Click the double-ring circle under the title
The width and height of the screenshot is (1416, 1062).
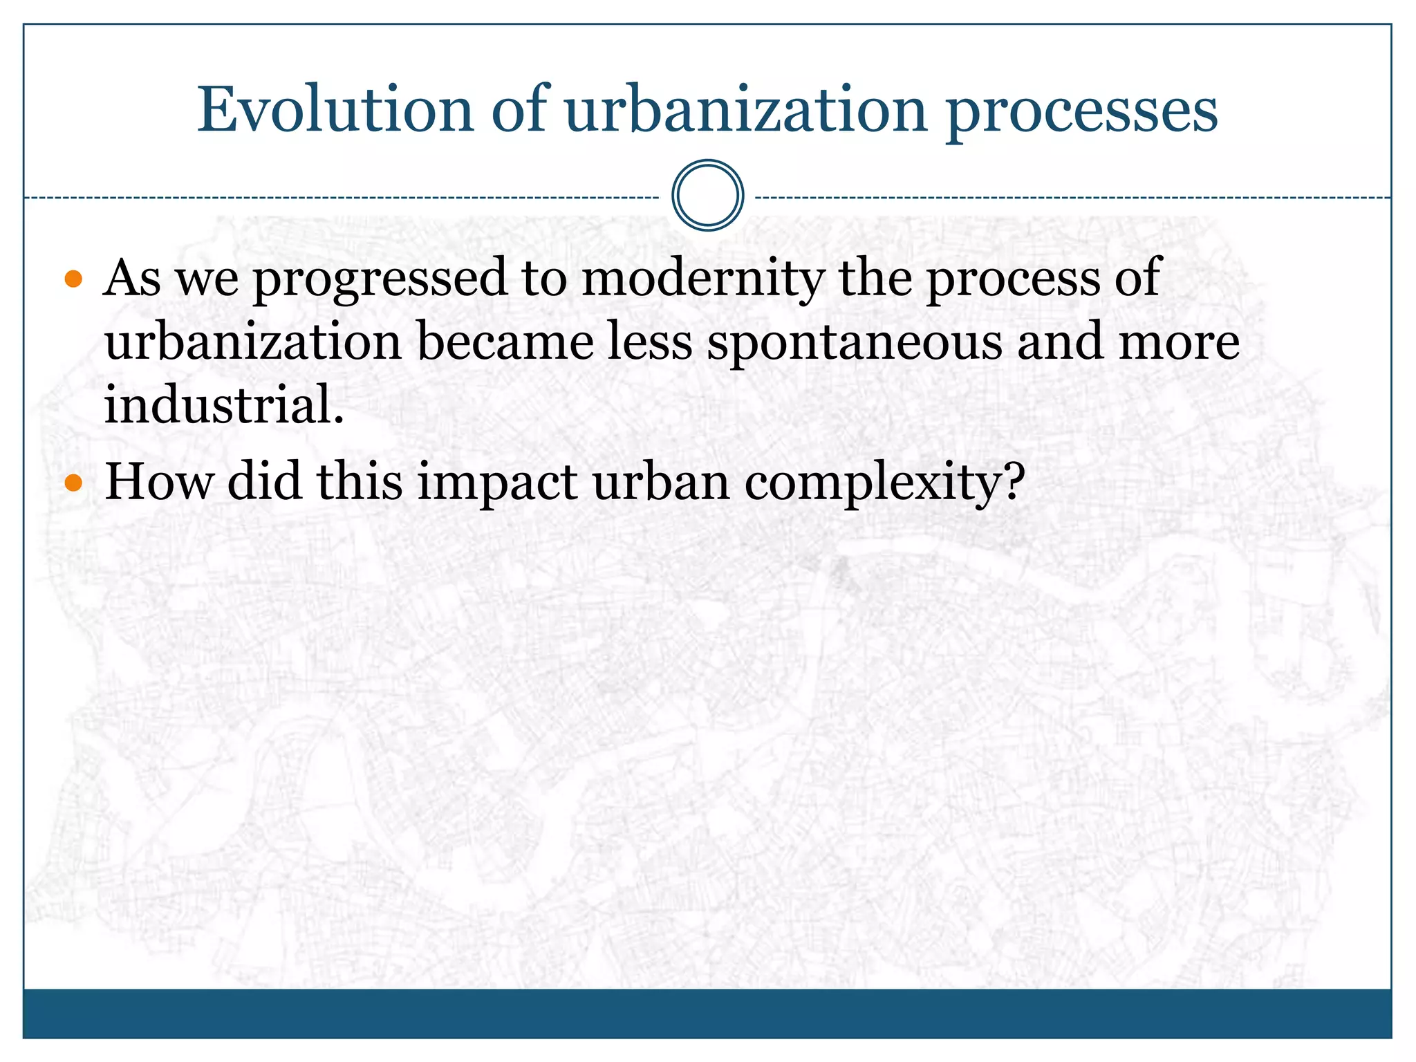[x=707, y=196]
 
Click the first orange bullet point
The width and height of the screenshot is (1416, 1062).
[x=73, y=280]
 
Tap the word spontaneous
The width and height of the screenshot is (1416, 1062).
[x=854, y=344]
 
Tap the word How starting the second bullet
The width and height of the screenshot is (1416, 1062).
[x=158, y=481]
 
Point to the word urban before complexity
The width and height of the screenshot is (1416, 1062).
[x=660, y=481]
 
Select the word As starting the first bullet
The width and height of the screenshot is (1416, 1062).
[x=132, y=278]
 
